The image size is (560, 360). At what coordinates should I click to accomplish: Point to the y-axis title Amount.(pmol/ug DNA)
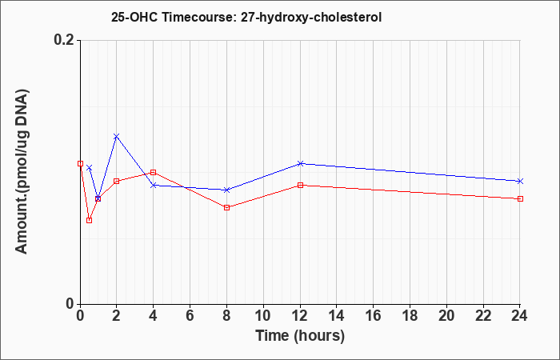[x=22, y=172]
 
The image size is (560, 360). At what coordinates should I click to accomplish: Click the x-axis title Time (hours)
[x=300, y=336]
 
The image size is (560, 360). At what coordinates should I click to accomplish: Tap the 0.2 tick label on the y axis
[x=65, y=40]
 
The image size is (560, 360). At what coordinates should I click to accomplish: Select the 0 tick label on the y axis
[x=70, y=304]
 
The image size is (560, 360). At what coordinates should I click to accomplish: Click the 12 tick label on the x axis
[x=300, y=316]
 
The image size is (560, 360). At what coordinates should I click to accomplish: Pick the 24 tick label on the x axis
[x=519, y=316]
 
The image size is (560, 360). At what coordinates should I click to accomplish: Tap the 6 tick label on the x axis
[x=190, y=316]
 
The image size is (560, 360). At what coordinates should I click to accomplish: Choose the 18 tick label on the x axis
[x=410, y=316]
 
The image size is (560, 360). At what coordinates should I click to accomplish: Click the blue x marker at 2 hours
[x=117, y=137]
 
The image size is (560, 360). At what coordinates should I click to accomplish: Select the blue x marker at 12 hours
[x=300, y=163]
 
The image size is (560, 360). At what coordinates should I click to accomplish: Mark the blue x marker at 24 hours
[x=520, y=181]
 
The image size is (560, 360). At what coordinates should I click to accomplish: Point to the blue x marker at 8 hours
[x=226, y=190]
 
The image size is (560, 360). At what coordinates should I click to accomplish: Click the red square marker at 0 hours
[x=80, y=163]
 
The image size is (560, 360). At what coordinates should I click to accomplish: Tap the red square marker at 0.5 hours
[x=90, y=220]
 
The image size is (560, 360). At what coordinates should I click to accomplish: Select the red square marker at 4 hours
[x=154, y=173]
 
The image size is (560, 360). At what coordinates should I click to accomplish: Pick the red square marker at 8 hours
[x=226, y=207]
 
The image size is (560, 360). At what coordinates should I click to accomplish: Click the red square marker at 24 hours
[x=520, y=198]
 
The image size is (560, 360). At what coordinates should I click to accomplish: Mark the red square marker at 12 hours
[x=300, y=185]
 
